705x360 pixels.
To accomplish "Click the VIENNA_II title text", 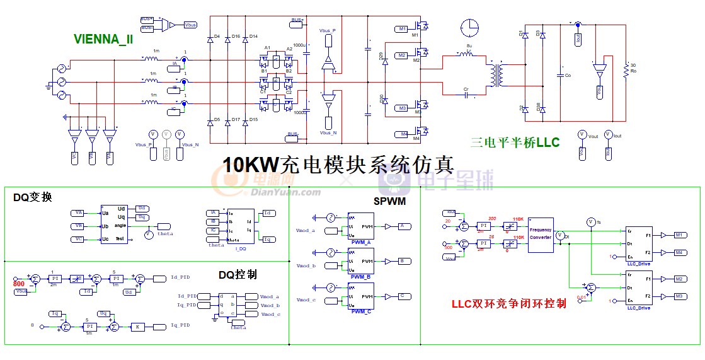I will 103,39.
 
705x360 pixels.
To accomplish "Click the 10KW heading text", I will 338,165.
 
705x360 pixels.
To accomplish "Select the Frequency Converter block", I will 540,234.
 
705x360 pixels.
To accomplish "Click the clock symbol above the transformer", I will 469,28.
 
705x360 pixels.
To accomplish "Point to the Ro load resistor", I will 626,73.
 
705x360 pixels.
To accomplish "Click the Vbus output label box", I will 190,25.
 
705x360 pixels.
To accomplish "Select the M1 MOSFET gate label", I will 402,29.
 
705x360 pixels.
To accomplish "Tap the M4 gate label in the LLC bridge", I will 402,134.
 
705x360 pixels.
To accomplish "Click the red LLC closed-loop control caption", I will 509,303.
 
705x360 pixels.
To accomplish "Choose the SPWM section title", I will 389,201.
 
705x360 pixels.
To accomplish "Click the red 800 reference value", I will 19,284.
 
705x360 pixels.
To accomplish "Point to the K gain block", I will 137,327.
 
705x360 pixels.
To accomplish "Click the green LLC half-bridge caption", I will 515,143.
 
